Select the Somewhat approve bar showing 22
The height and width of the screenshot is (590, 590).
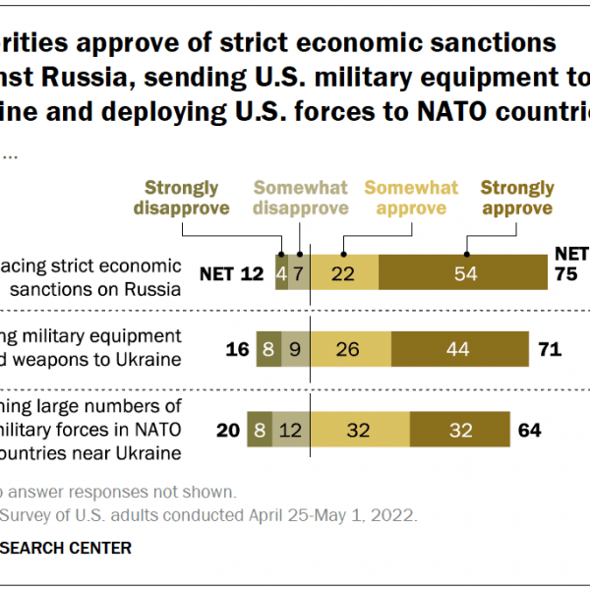coord(344,272)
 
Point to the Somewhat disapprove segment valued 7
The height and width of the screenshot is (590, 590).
coord(299,272)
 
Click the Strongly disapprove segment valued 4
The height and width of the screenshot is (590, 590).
coord(282,272)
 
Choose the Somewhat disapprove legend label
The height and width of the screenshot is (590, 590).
coord(301,198)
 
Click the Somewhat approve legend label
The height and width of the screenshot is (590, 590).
coord(411,198)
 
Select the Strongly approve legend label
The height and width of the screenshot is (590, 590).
coord(516,198)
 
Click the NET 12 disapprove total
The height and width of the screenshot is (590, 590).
coord(232,273)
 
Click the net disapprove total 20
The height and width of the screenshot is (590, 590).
coord(229,430)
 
